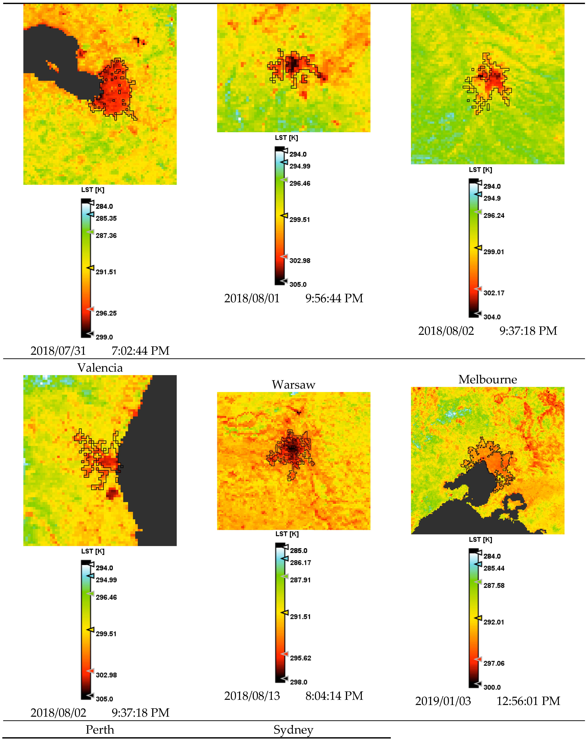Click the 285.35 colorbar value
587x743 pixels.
point(106,218)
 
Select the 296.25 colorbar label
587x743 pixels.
point(106,313)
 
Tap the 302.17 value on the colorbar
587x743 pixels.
point(494,293)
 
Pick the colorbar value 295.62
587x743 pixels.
point(300,658)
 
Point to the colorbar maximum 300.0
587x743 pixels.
point(492,687)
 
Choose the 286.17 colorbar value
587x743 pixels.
point(300,563)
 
